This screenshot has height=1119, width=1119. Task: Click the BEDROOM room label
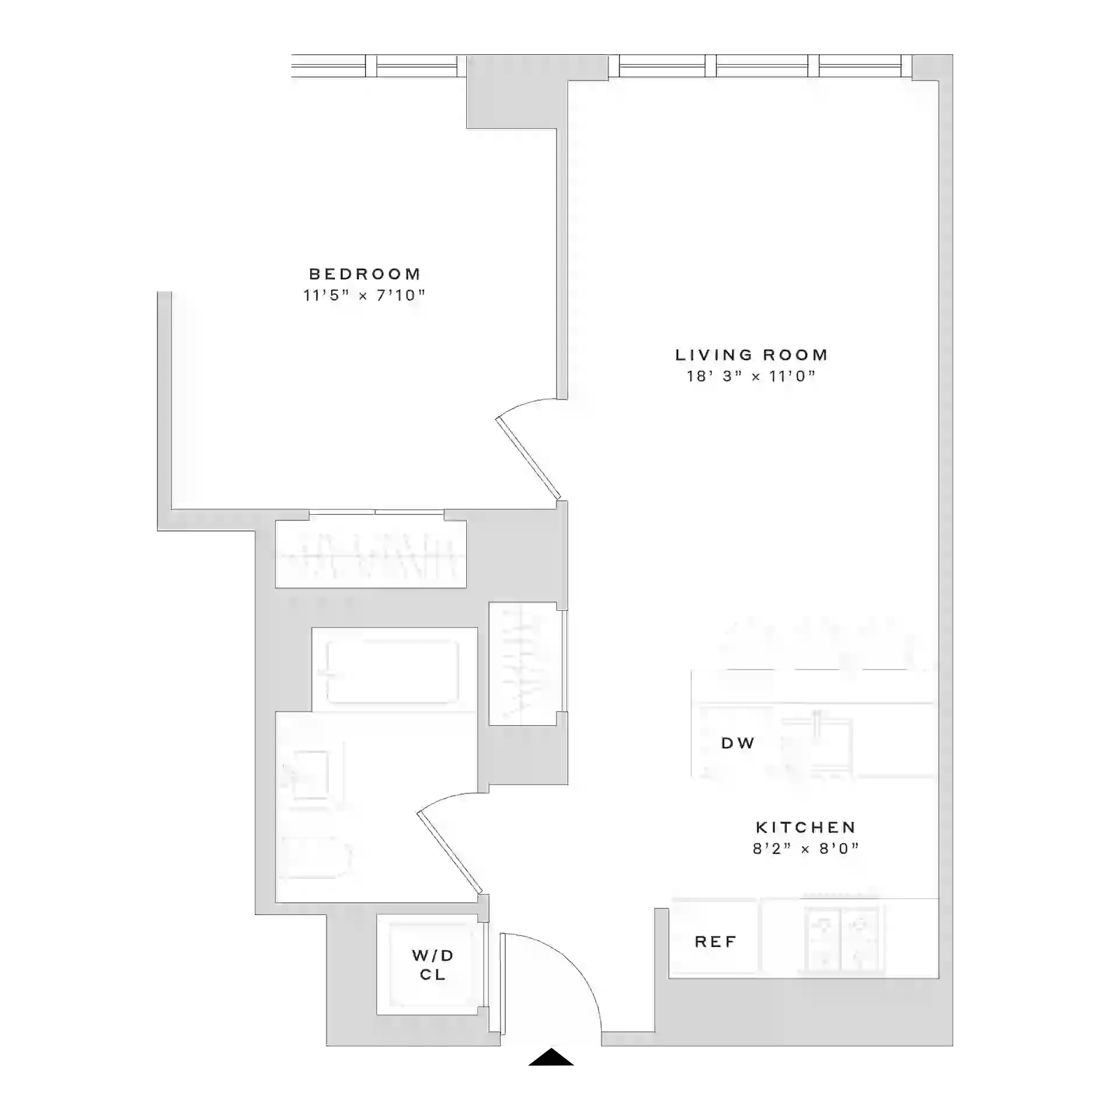click(x=365, y=274)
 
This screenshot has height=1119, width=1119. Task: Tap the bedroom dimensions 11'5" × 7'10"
click(x=364, y=295)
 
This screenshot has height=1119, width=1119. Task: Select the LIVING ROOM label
click(x=751, y=355)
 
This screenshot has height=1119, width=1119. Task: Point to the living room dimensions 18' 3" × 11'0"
click(x=751, y=376)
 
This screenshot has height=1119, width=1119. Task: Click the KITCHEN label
click(x=805, y=827)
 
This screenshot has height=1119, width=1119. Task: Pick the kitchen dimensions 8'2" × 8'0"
click(x=805, y=849)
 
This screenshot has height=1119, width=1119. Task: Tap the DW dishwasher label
click(x=738, y=743)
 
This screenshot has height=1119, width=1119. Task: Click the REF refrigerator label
click(x=716, y=942)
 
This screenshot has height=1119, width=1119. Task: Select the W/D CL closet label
click(x=432, y=965)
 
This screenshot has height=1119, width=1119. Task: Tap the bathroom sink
click(x=311, y=774)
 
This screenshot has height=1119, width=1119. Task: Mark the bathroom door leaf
click(x=449, y=851)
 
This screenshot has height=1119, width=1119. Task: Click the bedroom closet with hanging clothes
click(x=371, y=554)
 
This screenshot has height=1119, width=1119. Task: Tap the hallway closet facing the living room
click(x=523, y=664)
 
